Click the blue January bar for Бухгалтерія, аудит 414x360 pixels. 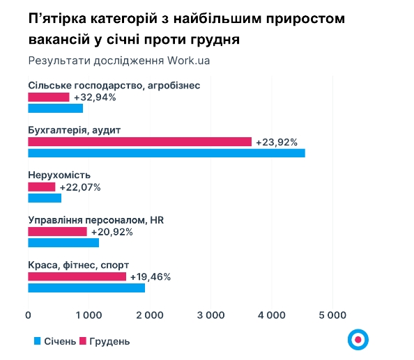click(x=166, y=152)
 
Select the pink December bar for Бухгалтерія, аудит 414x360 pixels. click(x=139, y=142)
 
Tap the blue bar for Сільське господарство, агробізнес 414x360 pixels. click(x=55, y=108)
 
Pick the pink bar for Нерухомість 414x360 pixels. click(x=41, y=187)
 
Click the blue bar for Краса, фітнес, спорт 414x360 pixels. click(x=86, y=288)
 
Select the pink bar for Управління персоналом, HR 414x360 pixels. click(x=57, y=232)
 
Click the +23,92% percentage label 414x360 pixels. click(x=277, y=142)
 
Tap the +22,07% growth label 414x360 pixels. click(x=80, y=187)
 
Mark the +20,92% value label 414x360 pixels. click(x=112, y=232)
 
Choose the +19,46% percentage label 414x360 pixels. click(x=151, y=276)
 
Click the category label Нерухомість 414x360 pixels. click(x=59, y=175)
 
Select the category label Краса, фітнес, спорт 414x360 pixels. click(x=78, y=265)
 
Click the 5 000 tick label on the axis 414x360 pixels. click(x=332, y=315)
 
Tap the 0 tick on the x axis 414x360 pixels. click(x=28, y=315)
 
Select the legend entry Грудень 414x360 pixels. click(x=105, y=341)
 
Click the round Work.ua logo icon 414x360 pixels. click(x=358, y=339)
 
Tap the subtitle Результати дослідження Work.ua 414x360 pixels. click(x=119, y=60)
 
